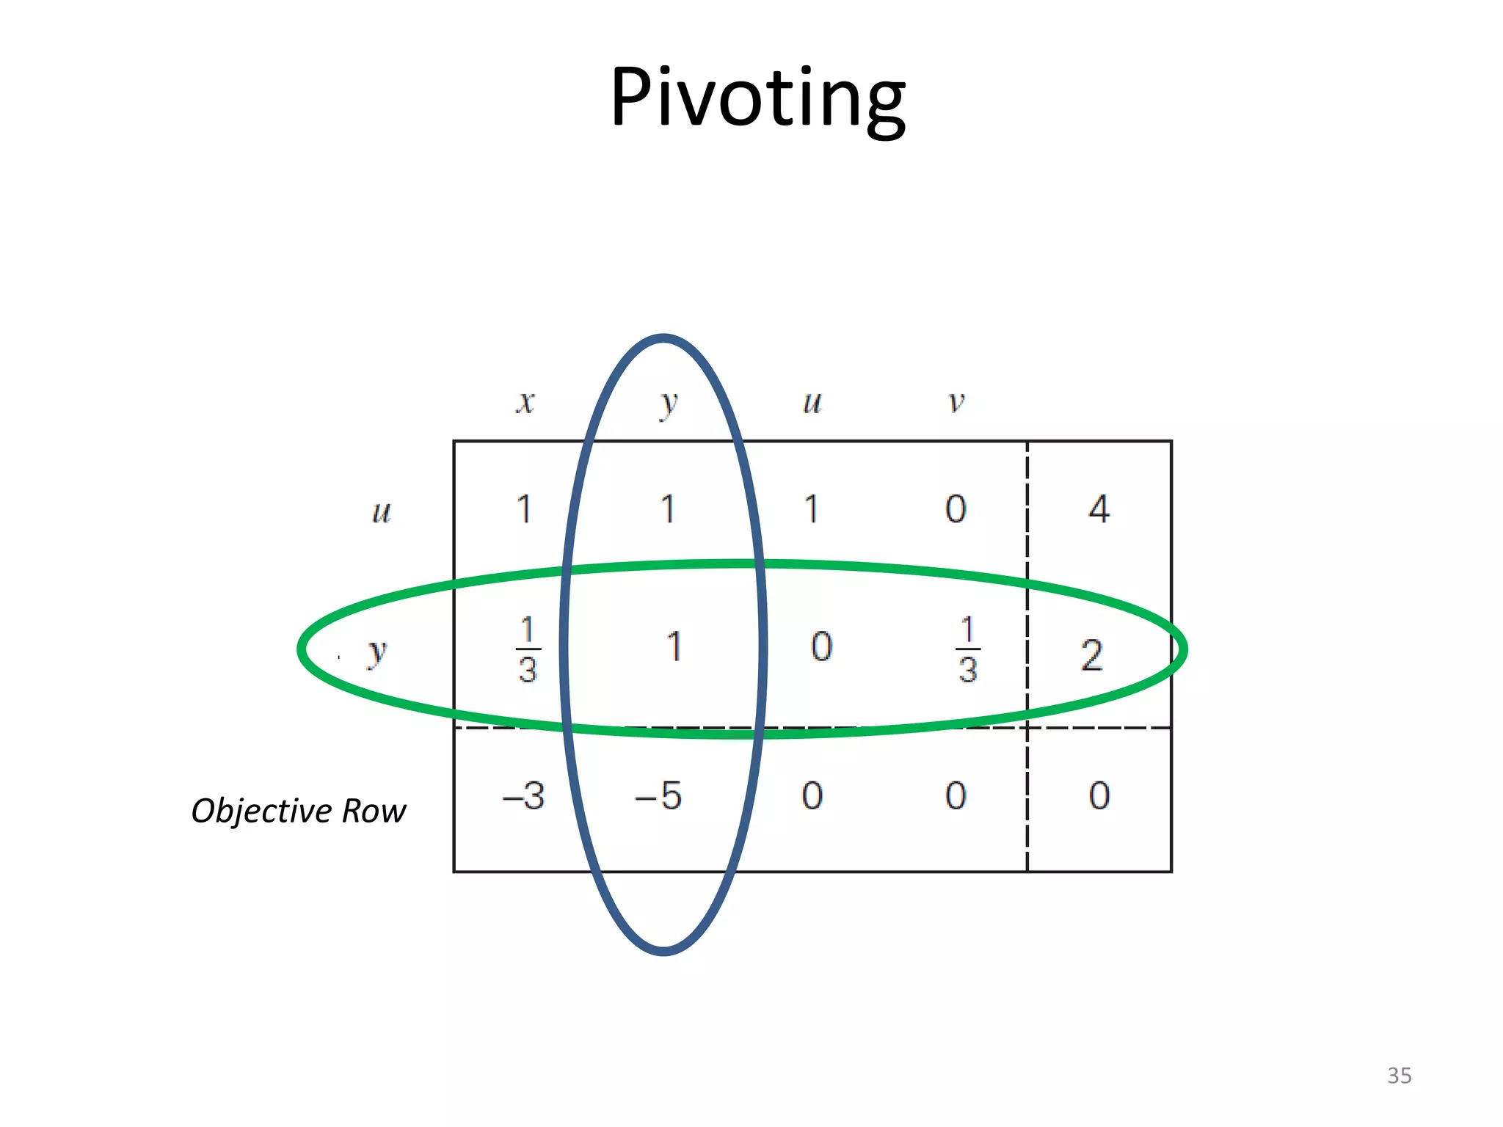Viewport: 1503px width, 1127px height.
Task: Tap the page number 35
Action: click(1399, 1076)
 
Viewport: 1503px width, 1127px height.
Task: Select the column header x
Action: click(525, 402)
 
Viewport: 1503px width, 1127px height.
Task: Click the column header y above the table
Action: click(668, 404)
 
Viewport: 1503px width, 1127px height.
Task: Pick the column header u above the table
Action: click(812, 402)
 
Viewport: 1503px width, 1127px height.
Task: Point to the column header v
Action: click(956, 402)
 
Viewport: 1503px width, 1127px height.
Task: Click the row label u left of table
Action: click(382, 511)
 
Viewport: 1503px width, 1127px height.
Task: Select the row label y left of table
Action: click(376, 652)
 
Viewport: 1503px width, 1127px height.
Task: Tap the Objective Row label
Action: click(298, 811)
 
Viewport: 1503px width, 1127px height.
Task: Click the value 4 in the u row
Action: click(1099, 509)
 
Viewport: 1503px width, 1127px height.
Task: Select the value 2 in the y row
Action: click(1091, 655)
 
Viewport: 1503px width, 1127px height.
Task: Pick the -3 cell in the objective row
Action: click(523, 796)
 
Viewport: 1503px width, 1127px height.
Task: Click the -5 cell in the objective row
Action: click(659, 796)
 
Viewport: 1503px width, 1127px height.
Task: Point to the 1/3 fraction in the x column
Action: click(528, 650)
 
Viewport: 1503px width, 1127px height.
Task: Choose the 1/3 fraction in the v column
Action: click(967, 650)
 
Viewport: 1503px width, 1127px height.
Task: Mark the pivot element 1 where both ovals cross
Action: click(674, 647)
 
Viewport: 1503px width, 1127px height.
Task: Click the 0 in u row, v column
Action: click(956, 509)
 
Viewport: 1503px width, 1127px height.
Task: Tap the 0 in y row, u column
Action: click(821, 647)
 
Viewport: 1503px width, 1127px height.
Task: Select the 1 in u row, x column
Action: click(524, 509)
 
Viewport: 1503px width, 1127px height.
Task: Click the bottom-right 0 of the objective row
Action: click(1099, 796)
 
